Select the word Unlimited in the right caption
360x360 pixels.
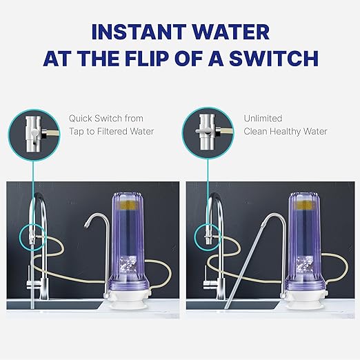pyautogui.click(x=262, y=119)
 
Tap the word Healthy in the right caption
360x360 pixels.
pyautogui.click(x=288, y=131)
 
